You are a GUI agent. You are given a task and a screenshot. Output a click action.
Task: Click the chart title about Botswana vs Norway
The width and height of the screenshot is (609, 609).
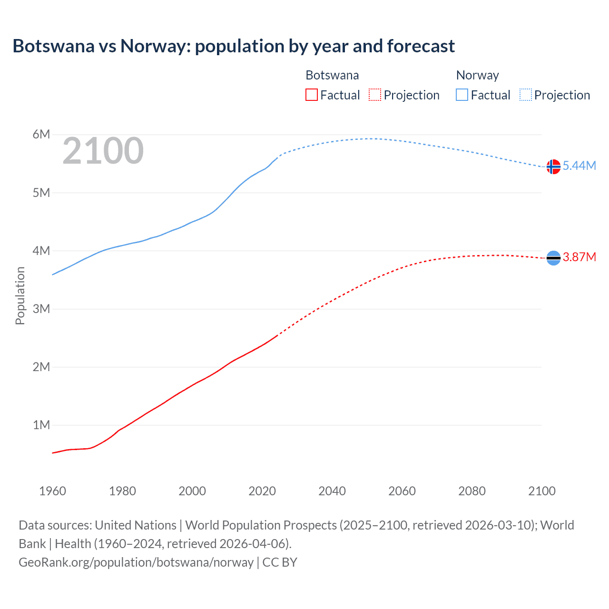(x=234, y=46)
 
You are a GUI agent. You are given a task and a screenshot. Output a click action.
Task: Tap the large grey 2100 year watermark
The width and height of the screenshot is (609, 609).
(x=103, y=151)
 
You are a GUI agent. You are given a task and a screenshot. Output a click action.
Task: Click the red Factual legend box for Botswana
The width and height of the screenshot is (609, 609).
(x=311, y=95)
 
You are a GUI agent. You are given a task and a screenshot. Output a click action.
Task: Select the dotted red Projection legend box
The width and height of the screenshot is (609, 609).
(x=375, y=95)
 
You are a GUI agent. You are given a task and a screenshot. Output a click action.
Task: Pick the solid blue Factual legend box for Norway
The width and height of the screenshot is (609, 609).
(x=462, y=95)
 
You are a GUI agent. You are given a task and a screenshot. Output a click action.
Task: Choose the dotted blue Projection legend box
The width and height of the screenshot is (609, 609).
(x=525, y=95)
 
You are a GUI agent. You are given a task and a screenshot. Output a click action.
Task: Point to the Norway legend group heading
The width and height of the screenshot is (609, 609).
(x=477, y=75)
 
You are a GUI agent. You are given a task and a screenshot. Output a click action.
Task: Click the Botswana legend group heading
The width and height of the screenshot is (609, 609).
(x=332, y=75)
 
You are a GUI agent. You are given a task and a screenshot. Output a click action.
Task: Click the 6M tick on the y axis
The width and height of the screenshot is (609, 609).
(x=41, y=134)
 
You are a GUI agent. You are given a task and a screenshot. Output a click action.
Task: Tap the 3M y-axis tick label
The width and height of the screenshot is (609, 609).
(x=41, y=309)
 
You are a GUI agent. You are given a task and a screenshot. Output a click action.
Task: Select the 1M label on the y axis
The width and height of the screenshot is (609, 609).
(x=41, y=425)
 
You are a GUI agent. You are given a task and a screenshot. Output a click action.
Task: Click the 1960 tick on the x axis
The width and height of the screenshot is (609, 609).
(x=52, y=491)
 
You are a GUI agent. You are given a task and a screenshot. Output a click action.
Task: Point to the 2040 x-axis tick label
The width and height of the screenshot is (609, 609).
(x=332, y=491)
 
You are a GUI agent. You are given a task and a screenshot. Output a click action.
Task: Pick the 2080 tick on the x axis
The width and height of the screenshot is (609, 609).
(x=472, y=491)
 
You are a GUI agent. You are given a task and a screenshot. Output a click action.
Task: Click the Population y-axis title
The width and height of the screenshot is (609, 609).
(x=20, y=295)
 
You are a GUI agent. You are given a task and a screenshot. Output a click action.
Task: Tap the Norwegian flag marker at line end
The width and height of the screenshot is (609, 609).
(x=553, y=167)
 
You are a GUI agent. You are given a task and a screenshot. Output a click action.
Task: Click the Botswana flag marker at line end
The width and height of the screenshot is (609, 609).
(x=553, y=258)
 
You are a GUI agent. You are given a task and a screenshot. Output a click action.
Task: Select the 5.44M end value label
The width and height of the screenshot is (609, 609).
(x=579, y=166)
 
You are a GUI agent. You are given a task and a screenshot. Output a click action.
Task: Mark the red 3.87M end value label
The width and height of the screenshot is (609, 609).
(x=579, y=257)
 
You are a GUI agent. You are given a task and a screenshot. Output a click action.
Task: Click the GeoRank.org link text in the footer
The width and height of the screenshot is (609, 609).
(x=136, y=562)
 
